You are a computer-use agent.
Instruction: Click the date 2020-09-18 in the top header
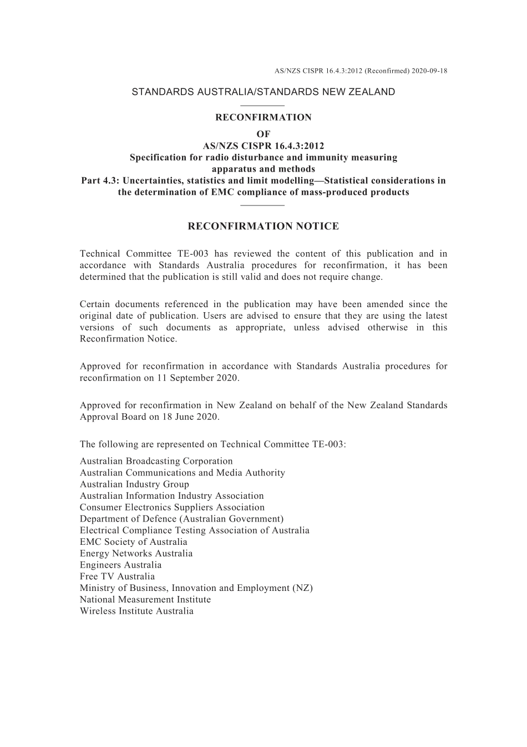click(429, 71)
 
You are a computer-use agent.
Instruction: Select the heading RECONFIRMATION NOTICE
click(263, 226)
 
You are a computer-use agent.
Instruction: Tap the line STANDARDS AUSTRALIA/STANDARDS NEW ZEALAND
click(263, 92)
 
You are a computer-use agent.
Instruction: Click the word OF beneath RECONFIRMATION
click(263, 134)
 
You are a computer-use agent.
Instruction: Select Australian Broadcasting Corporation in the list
click(156, 461)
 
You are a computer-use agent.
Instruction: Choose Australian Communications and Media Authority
click(182, 473)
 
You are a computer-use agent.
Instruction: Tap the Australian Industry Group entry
click(134, 484)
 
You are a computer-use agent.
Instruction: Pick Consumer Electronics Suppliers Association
click(172, 507)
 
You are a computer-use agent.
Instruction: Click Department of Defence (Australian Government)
click(181, 519)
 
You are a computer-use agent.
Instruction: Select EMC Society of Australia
click(133, 542)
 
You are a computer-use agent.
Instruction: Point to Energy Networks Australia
click(136, 554)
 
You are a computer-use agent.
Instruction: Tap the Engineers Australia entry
click(120, 565)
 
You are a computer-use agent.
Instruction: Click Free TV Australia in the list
click(117, 576)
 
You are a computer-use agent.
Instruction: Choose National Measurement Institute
click(145, 600)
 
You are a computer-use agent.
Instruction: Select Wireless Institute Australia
click(136, 611)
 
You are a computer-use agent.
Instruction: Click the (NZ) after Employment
click(302, 588)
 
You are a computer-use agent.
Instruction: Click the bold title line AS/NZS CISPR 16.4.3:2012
click(263, 146)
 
